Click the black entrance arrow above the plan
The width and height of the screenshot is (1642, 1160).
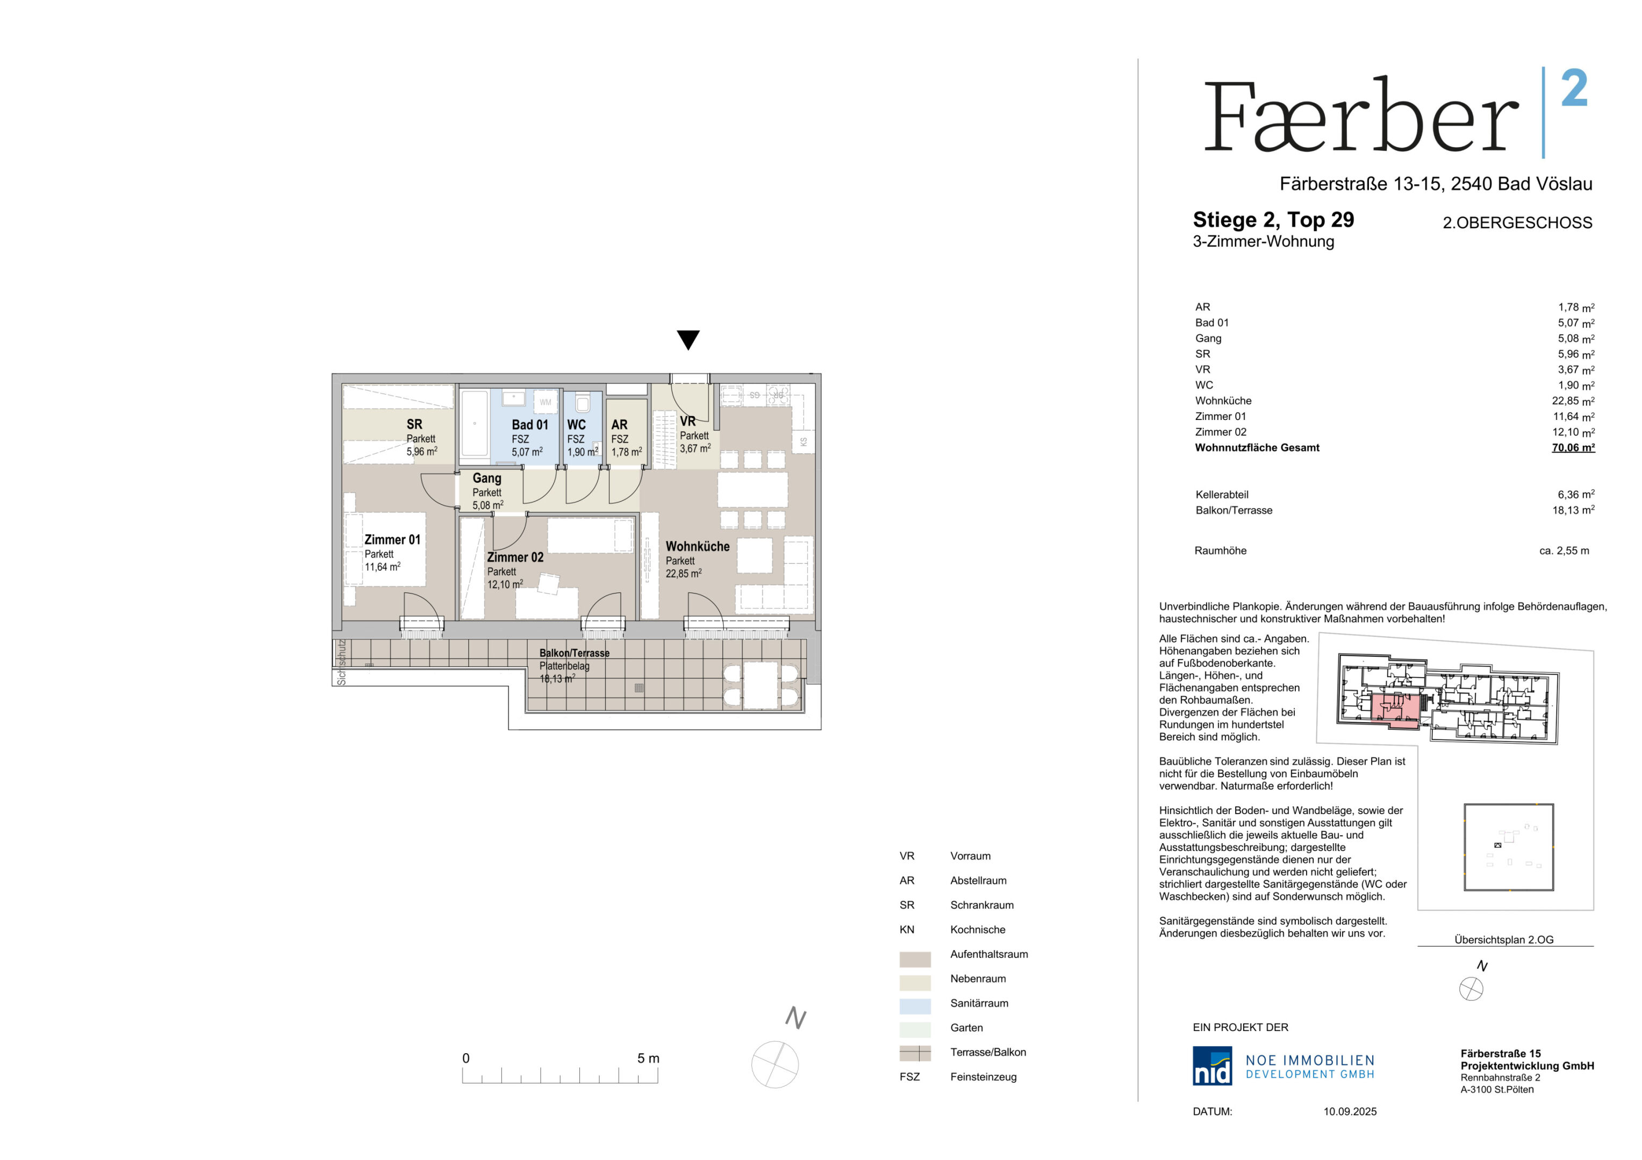[x=688, y=339]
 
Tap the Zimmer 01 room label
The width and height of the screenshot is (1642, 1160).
[x=392, y=540]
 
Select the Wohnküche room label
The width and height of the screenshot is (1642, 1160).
[x=697, y=546]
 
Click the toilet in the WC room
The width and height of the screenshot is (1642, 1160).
[x=583, y=403]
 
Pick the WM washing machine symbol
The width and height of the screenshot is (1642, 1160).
[x=546, y=402]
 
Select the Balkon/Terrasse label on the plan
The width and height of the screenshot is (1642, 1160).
[x=574, y=653]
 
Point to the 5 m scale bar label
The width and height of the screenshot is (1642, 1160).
[x=648, y=1058]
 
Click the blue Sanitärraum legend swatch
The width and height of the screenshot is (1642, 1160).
[x=915, y=1006]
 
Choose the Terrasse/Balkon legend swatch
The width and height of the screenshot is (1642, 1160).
[x=915, y=1053]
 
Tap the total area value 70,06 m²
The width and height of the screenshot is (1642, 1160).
[x=1573, y=447]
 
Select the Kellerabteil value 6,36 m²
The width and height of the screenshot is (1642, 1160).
[x=1575, y=494]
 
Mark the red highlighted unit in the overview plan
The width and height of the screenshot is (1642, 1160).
[x=1395, y=709]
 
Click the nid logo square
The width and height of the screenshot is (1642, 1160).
[x=1212, y=1065]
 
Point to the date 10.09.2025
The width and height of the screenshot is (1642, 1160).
[x=1350, y=1112]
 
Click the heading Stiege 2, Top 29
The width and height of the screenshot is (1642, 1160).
[x=1273, y=220]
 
